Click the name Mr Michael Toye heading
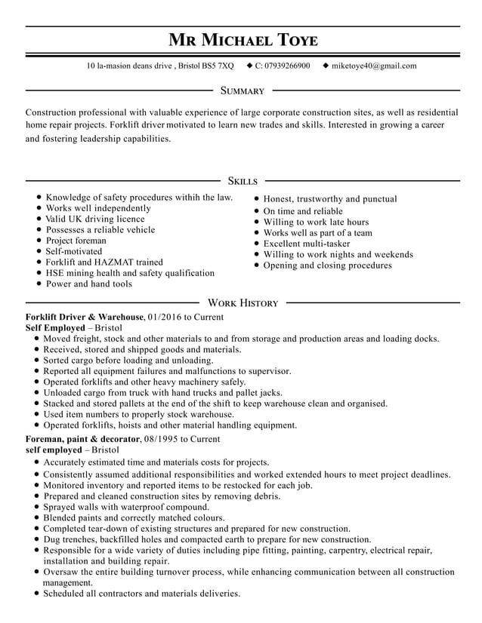242,39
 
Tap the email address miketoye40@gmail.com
374,66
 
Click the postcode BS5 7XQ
218,66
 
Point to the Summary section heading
242,91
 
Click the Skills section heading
242,181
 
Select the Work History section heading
243,303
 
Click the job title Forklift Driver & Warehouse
84,318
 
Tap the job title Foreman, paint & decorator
83,438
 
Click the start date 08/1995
162,438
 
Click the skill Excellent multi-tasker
307,244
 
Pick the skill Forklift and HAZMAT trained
104,262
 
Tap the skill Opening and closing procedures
327,265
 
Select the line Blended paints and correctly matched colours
134,519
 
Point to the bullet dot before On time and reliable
257,212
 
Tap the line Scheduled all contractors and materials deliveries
141,594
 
